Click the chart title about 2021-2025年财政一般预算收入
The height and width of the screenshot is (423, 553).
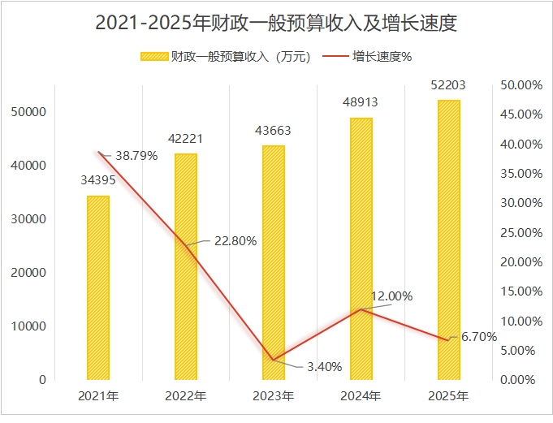click(x=276, y=24)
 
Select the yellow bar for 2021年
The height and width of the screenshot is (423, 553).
click(x=98, y=287)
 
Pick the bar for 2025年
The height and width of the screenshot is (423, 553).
click(x=449, y=240)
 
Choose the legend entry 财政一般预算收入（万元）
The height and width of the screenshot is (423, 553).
click(x=227, y=57)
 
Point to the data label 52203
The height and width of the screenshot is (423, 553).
click(x=449, y=84)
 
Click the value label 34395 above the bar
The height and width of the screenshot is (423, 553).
click(x=97, y=180)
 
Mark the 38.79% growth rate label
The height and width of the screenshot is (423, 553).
click(x=136, y=156)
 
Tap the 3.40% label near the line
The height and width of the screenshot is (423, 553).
click(x=324, y=366)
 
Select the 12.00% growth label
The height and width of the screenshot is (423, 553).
click(x=391, y=296)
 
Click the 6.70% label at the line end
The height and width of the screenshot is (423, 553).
click(x=479, y=337)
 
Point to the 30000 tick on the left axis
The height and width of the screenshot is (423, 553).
click(x=30, y=219)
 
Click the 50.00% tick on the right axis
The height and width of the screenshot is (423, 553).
click(x=520, y=84)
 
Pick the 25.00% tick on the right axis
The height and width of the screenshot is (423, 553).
click(x=520, y=232)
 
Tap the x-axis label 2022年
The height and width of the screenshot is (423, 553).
click(x=186, y=396)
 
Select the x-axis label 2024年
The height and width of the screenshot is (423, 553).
click(x=361, y=396)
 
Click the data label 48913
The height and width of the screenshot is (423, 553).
click(x=361, y=103)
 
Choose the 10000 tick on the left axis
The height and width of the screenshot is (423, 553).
click(x=30, y=326)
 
